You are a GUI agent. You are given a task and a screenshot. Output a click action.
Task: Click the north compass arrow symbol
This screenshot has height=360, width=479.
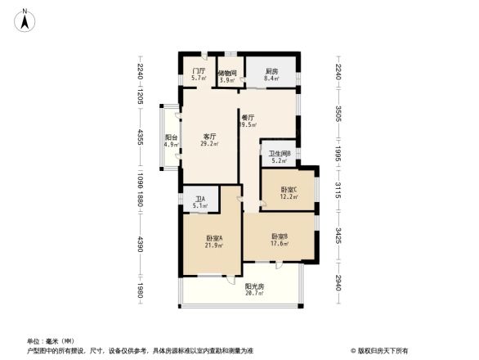(25, 18)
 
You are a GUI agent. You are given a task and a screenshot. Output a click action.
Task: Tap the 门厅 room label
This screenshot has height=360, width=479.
(197, 71)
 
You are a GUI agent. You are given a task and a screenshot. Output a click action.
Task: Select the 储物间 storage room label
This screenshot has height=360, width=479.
(227, 73)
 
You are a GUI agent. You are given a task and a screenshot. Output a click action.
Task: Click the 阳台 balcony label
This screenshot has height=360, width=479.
(171, 137)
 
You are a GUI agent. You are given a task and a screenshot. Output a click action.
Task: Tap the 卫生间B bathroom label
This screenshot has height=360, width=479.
(280, 154)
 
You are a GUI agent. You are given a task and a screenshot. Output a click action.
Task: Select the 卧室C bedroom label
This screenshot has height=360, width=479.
(289, 189)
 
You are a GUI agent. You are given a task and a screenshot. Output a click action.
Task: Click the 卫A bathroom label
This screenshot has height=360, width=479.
(200, 199)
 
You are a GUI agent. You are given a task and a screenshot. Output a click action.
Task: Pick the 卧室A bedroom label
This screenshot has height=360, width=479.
(215, 239)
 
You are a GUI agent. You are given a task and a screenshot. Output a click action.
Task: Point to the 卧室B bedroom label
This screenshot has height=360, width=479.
(280, 236)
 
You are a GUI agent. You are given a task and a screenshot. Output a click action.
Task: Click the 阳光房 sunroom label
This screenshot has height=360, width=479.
(254, 286)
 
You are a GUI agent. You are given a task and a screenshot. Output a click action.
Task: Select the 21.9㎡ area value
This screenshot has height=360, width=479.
(215, 246)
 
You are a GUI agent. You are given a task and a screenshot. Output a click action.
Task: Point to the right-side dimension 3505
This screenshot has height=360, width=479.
(338, 114)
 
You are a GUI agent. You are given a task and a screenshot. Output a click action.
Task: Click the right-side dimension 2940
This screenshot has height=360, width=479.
(338, 283)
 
